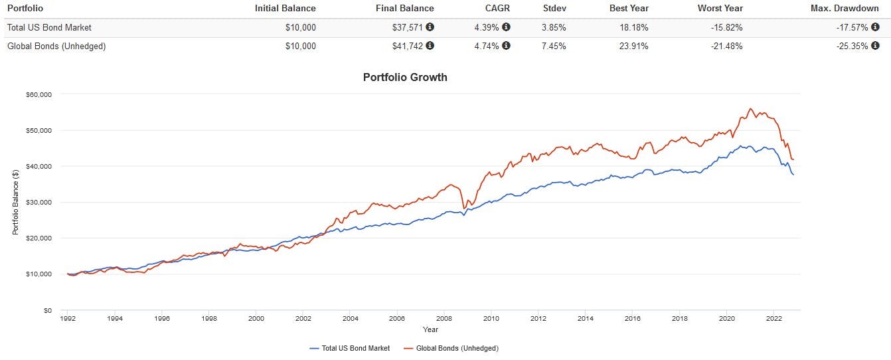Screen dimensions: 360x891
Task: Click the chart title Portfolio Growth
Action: (x=405, y=77)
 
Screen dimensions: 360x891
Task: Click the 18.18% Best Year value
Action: (x=633, y=27)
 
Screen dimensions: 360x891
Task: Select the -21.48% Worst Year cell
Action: (x=726, y=46)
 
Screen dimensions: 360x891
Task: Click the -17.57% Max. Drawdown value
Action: (x=851, y=27)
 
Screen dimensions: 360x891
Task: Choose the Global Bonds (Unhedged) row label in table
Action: (x=56, y=46)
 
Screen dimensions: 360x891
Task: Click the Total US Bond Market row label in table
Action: (x=48, y=27)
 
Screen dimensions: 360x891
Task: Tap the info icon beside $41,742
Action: (x=430, y=46)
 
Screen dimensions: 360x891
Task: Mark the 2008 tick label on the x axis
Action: (x=444, y=319)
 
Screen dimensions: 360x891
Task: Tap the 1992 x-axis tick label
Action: (x=68, y=319)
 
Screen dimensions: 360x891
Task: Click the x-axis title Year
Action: (x=430, y=329)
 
